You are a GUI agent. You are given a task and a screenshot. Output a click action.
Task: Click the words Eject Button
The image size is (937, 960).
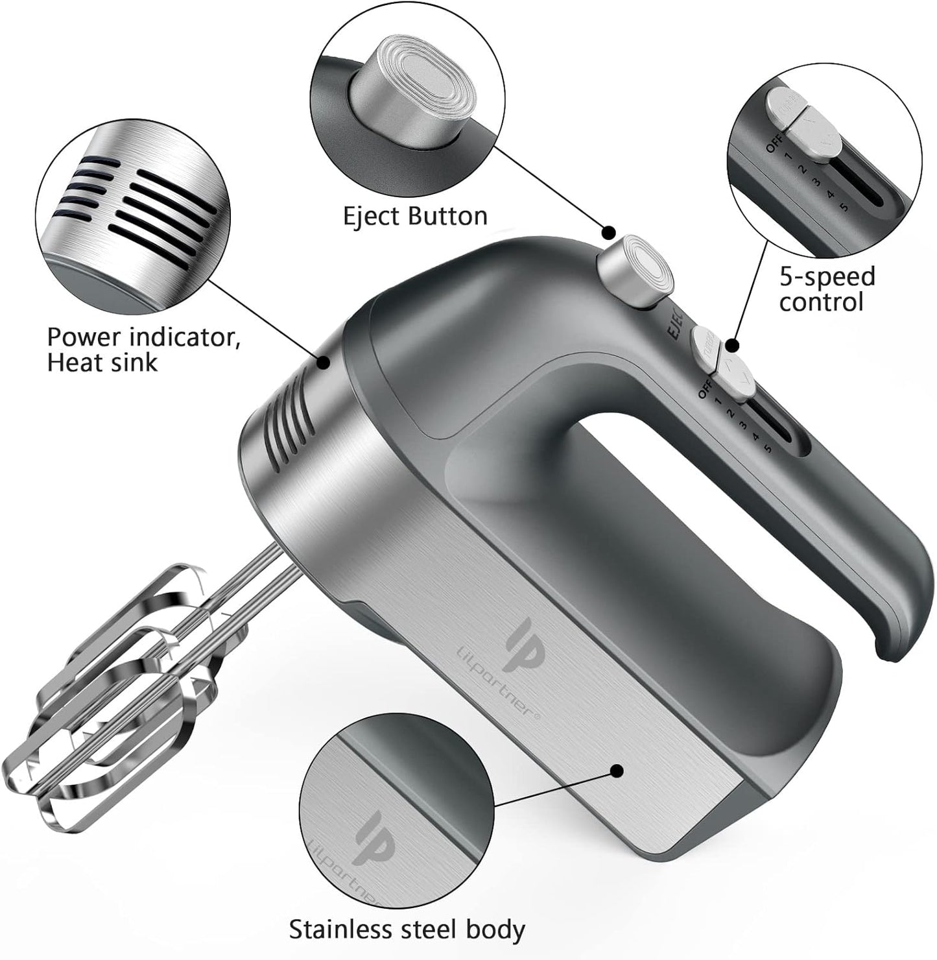tap(415, 217)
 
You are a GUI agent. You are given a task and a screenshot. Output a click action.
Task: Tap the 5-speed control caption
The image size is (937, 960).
tap(827, 289)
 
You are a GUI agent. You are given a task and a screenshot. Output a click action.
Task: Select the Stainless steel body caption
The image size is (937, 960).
tap(407, 930)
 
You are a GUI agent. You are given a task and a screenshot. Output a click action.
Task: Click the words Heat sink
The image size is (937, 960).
tap(102, 363)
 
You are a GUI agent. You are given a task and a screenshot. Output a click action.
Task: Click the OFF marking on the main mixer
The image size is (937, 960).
tap(706, 390)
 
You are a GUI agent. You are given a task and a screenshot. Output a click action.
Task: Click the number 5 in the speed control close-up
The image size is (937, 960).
tap(844, 207)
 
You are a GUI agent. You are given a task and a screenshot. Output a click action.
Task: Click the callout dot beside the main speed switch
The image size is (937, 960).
tap(733, 345)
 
